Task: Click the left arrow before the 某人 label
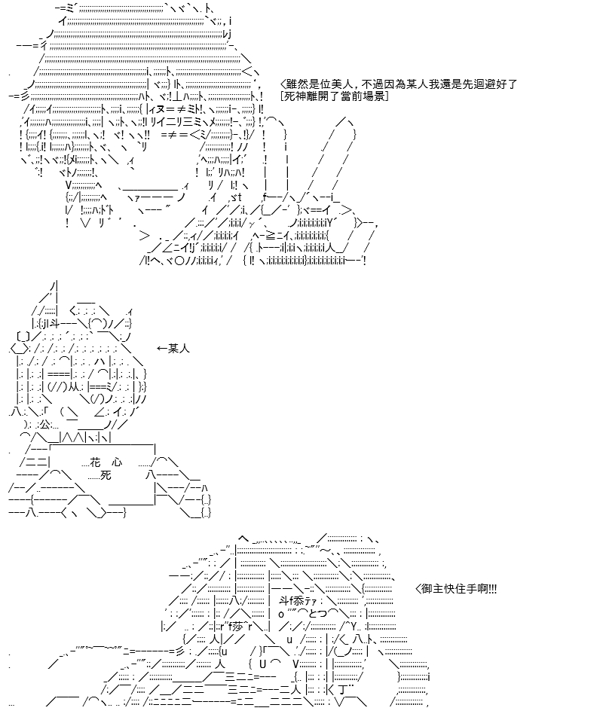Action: tap(161, 349)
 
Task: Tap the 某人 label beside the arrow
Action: tap(179, 349)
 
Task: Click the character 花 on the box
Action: tap(95, 462)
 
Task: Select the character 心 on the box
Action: tap(117, 462)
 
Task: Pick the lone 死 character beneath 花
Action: tap(106, 475)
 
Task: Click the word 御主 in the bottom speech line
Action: tap(433, 589)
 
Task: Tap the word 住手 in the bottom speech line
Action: tap(466, 589)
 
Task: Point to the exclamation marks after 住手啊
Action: tap(492, 589)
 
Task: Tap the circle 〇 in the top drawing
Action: tap(179, 261)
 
